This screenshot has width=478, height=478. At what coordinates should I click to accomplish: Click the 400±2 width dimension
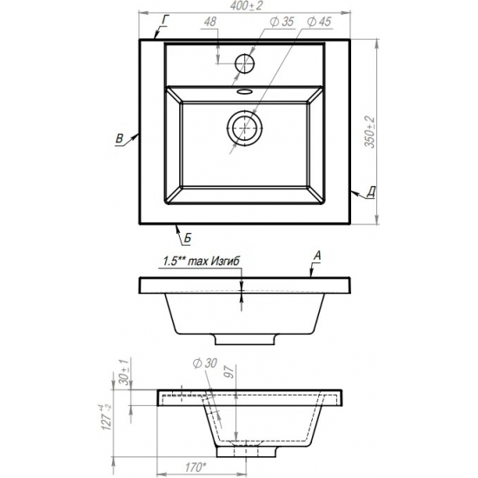[x=246, y=6]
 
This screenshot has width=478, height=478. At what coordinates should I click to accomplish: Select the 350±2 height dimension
[x=370, y=132]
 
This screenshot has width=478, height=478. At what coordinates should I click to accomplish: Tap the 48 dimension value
[x=210, y=22]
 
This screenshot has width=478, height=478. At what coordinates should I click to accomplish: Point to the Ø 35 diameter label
[x=282, y=22]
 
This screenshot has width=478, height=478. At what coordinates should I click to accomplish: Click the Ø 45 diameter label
[x=319, y=22]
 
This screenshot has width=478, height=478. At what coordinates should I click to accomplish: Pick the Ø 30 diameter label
[x=205, y=363]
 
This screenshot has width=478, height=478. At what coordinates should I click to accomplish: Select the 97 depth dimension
[x=229, y=372]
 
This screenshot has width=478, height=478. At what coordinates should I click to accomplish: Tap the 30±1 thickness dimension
[x=124, y=372]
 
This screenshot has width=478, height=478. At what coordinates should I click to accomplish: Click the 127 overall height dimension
[x=106, y=417]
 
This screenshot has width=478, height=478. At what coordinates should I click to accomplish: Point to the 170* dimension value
[x=196, y=467]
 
